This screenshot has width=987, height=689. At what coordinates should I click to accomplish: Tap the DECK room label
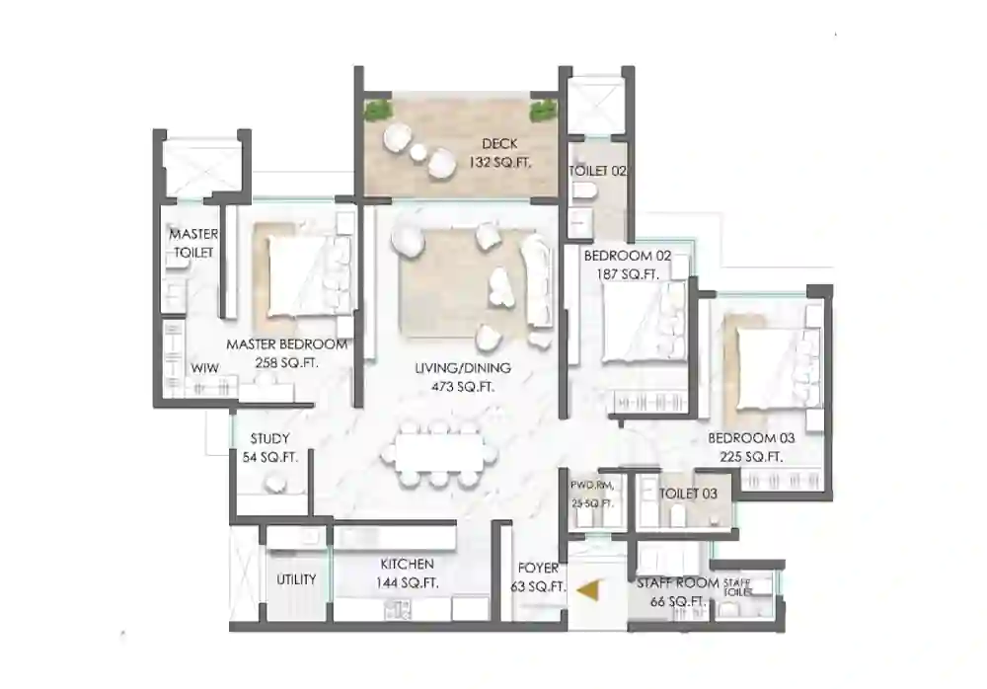coord(499,144)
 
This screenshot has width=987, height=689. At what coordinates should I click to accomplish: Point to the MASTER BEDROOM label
coord(286,344)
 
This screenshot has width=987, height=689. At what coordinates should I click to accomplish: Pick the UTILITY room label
coord(295,579)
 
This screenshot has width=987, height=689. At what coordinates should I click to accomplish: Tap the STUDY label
coord(269,438)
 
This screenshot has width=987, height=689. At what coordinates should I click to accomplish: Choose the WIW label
coord(204,368)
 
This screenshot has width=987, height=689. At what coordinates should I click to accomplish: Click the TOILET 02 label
coord(598,171)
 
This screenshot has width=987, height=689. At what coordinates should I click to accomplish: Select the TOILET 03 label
coord(690,493)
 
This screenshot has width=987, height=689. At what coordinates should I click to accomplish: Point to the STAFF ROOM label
coord(677,583)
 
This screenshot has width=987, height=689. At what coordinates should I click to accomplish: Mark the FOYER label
coord(538,568)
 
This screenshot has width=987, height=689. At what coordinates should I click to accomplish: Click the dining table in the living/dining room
coord(439,453)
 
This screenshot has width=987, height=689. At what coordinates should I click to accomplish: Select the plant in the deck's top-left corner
coord(376,110)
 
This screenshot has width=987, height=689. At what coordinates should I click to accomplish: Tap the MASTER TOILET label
coord(193,244)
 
